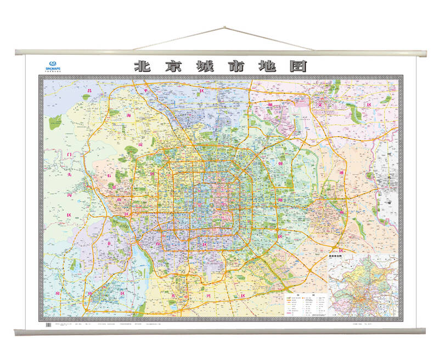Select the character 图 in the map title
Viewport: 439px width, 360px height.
[x=297, y=66]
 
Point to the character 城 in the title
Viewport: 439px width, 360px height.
[x=205, y=66]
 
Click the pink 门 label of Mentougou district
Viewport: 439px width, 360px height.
[x=69, y=155]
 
